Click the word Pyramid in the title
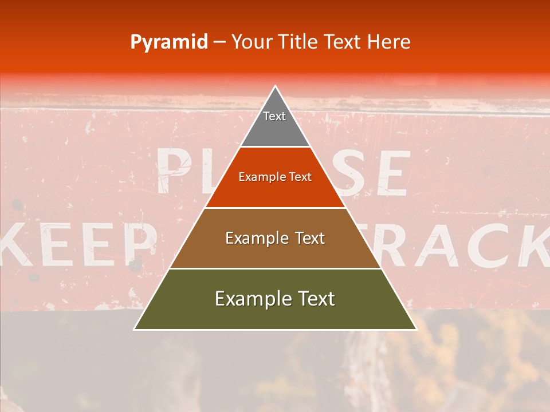pos(168,42)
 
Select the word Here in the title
pos(389,42)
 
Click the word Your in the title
pos(252,42)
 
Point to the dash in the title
pos(219,42)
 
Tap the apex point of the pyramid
pos(276,86)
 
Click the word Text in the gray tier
pos(274,116)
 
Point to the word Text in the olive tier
pos(313,299)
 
